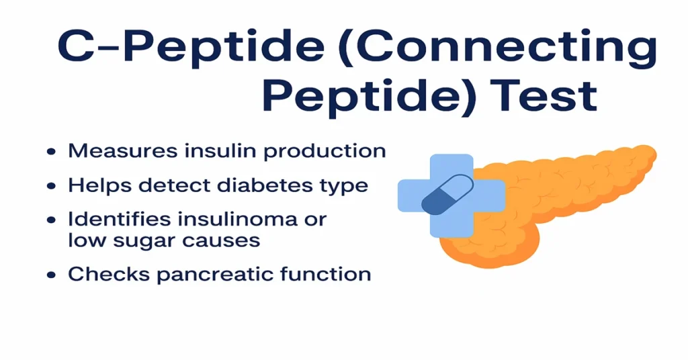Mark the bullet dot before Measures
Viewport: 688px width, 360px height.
pos(51,152)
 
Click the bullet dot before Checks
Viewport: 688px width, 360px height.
pos(51,275)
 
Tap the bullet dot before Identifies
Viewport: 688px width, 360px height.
pos(51,220)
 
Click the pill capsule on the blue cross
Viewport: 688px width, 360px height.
pos(446,194)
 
